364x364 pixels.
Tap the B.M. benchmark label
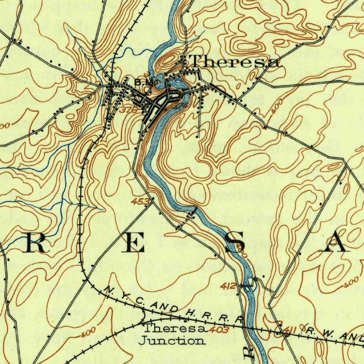[144, 82]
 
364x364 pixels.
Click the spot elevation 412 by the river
[228, 285]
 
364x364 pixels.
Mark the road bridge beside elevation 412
[250, 283]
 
